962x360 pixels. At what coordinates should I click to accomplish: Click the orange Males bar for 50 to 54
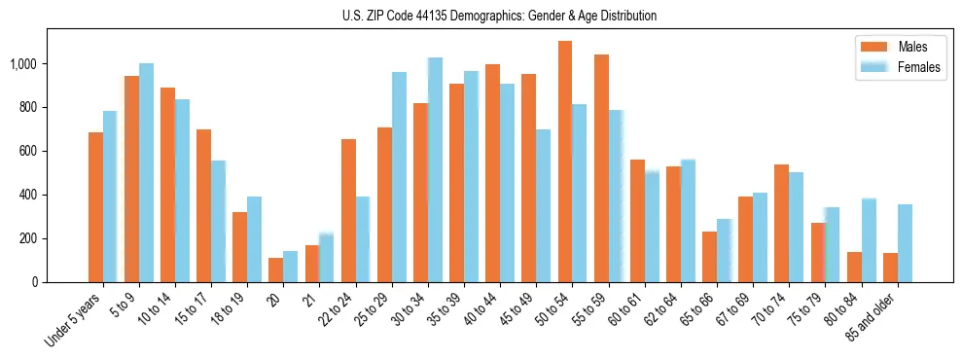[x=565, y=162]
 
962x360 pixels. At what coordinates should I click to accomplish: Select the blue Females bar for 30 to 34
[x=435, y=170]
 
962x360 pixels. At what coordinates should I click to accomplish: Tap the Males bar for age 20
[x=275, y=270]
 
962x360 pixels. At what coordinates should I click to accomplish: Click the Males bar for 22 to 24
[x=348, y=210]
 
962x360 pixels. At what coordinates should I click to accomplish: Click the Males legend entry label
[x=912, y=47]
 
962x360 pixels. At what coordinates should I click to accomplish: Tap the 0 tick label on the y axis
[x=35, y=282]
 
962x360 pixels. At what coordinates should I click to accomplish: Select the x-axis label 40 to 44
[x=487, y=310]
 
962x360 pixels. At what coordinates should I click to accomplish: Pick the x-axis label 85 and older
[x=881, y=317]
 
